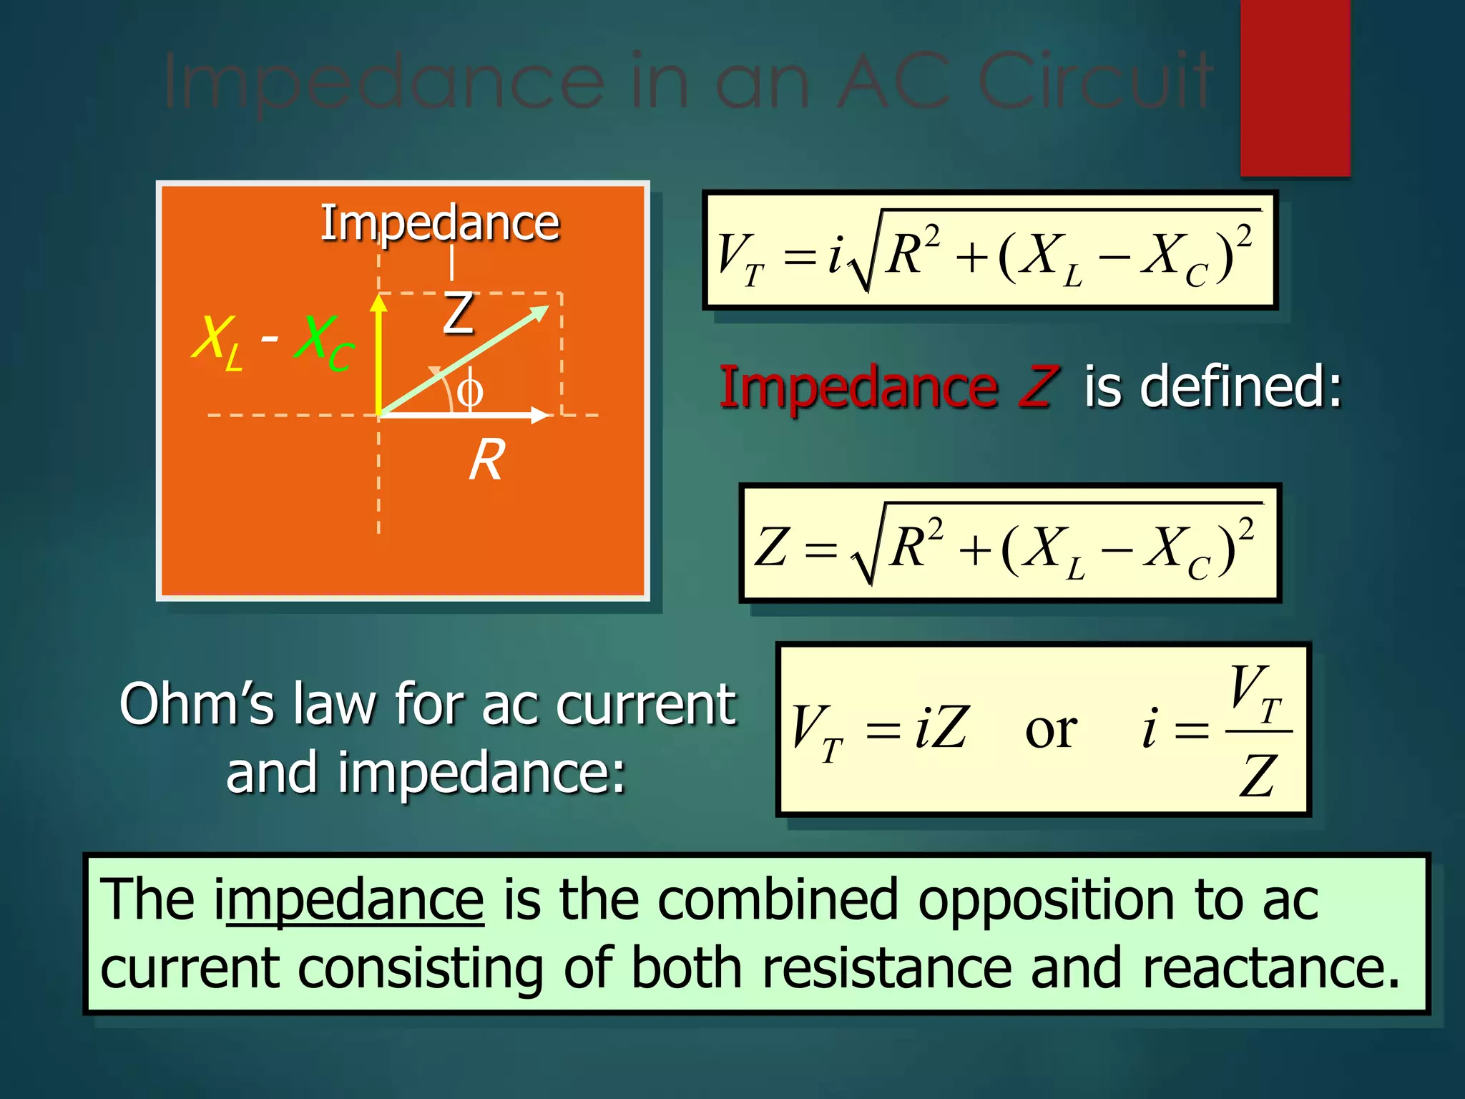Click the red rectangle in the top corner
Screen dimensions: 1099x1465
click(1295, 87)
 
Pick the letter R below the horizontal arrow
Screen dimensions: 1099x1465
click(486, 459)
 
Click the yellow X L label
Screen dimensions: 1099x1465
click(217, 341)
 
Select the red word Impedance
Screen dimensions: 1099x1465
click(858, 387)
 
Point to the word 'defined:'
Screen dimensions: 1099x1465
click(1241, 387)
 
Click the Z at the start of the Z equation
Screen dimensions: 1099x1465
click(772, 547)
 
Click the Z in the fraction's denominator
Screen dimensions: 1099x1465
click(1258, 776)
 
